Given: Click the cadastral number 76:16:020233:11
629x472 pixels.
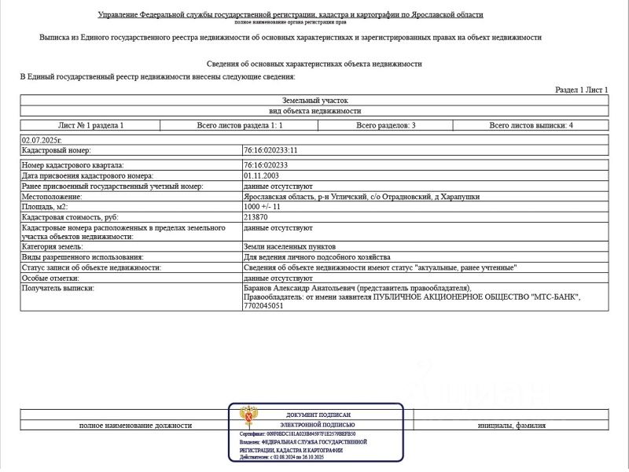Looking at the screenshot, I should click(x=271, y=149).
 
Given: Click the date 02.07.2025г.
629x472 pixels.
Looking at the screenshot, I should click(x=41, y=139).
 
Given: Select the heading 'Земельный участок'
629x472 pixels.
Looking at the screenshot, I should click(x=314, y=101).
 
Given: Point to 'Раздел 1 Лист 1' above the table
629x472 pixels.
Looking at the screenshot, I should click(x=581, y=90).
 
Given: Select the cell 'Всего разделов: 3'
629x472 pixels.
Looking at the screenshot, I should click(x=385, y=125).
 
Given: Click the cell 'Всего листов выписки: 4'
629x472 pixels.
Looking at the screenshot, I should click(x=531, y=125).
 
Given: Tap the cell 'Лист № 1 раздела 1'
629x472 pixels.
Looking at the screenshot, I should click(x=91, y=125).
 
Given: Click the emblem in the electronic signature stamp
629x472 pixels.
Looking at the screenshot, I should click(x=251, y=416).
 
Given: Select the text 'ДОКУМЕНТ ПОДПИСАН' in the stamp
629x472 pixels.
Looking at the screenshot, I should click(x=318, y=415).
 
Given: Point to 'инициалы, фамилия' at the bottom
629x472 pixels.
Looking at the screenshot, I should click(x=511, y=426).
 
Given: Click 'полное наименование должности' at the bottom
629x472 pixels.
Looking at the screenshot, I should click(x=135, y=426).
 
